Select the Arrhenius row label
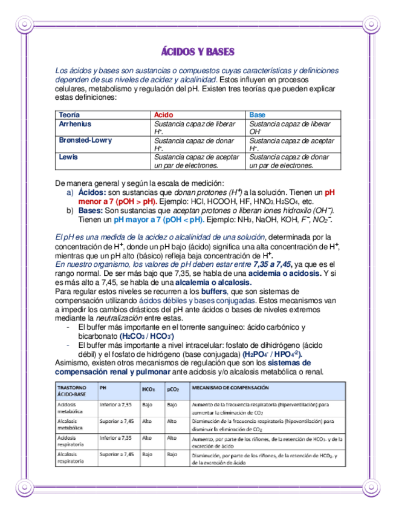[x=75, y=124]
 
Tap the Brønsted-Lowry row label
[x=85, y=140]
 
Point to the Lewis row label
[x=68, y=157]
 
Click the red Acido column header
[x=163, y=115]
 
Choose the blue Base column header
[x=257, y=115]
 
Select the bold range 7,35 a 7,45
[x=272, y=265]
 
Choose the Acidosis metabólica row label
[x=71, y=407]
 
